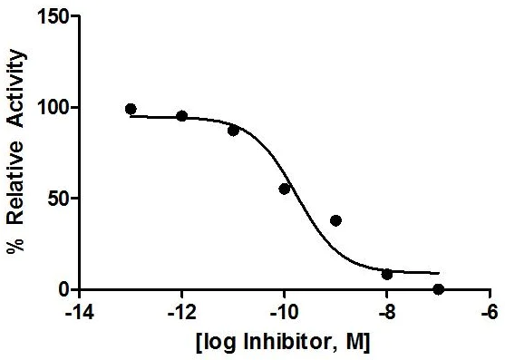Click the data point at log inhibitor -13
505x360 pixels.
131,109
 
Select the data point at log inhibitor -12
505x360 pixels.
181,116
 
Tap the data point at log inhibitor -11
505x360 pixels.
233,130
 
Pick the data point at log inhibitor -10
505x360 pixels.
284,189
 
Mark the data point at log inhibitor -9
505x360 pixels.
335,220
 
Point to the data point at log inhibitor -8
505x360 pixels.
387,274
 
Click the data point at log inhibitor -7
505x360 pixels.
439,289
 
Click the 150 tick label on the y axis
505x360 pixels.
53,16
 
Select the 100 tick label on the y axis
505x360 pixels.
53,108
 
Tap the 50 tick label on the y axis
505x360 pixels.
57,199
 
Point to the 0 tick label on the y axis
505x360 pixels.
62,289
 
